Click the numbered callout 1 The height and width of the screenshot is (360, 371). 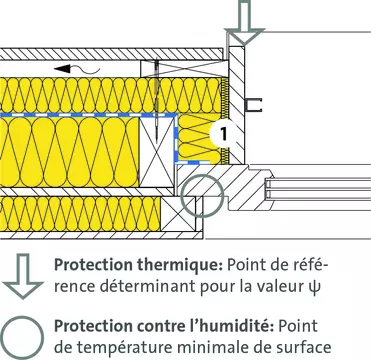(224, 134)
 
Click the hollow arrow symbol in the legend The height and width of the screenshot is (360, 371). (23, 276)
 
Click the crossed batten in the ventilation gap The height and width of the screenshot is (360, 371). (184, 69)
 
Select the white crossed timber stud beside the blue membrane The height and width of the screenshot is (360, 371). (157, 152)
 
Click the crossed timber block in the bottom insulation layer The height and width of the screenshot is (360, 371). (178, 214)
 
